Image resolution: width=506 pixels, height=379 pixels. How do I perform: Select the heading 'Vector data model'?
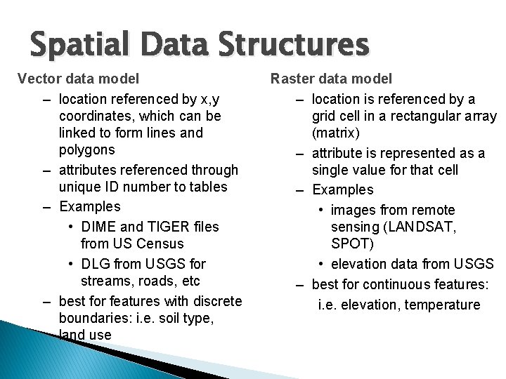tap(78, 79)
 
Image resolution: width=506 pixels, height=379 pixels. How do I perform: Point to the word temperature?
tap(440, 305)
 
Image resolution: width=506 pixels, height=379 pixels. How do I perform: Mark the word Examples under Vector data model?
tap(90, 206)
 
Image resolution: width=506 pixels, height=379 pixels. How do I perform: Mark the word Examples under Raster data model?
tap(343, 189)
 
